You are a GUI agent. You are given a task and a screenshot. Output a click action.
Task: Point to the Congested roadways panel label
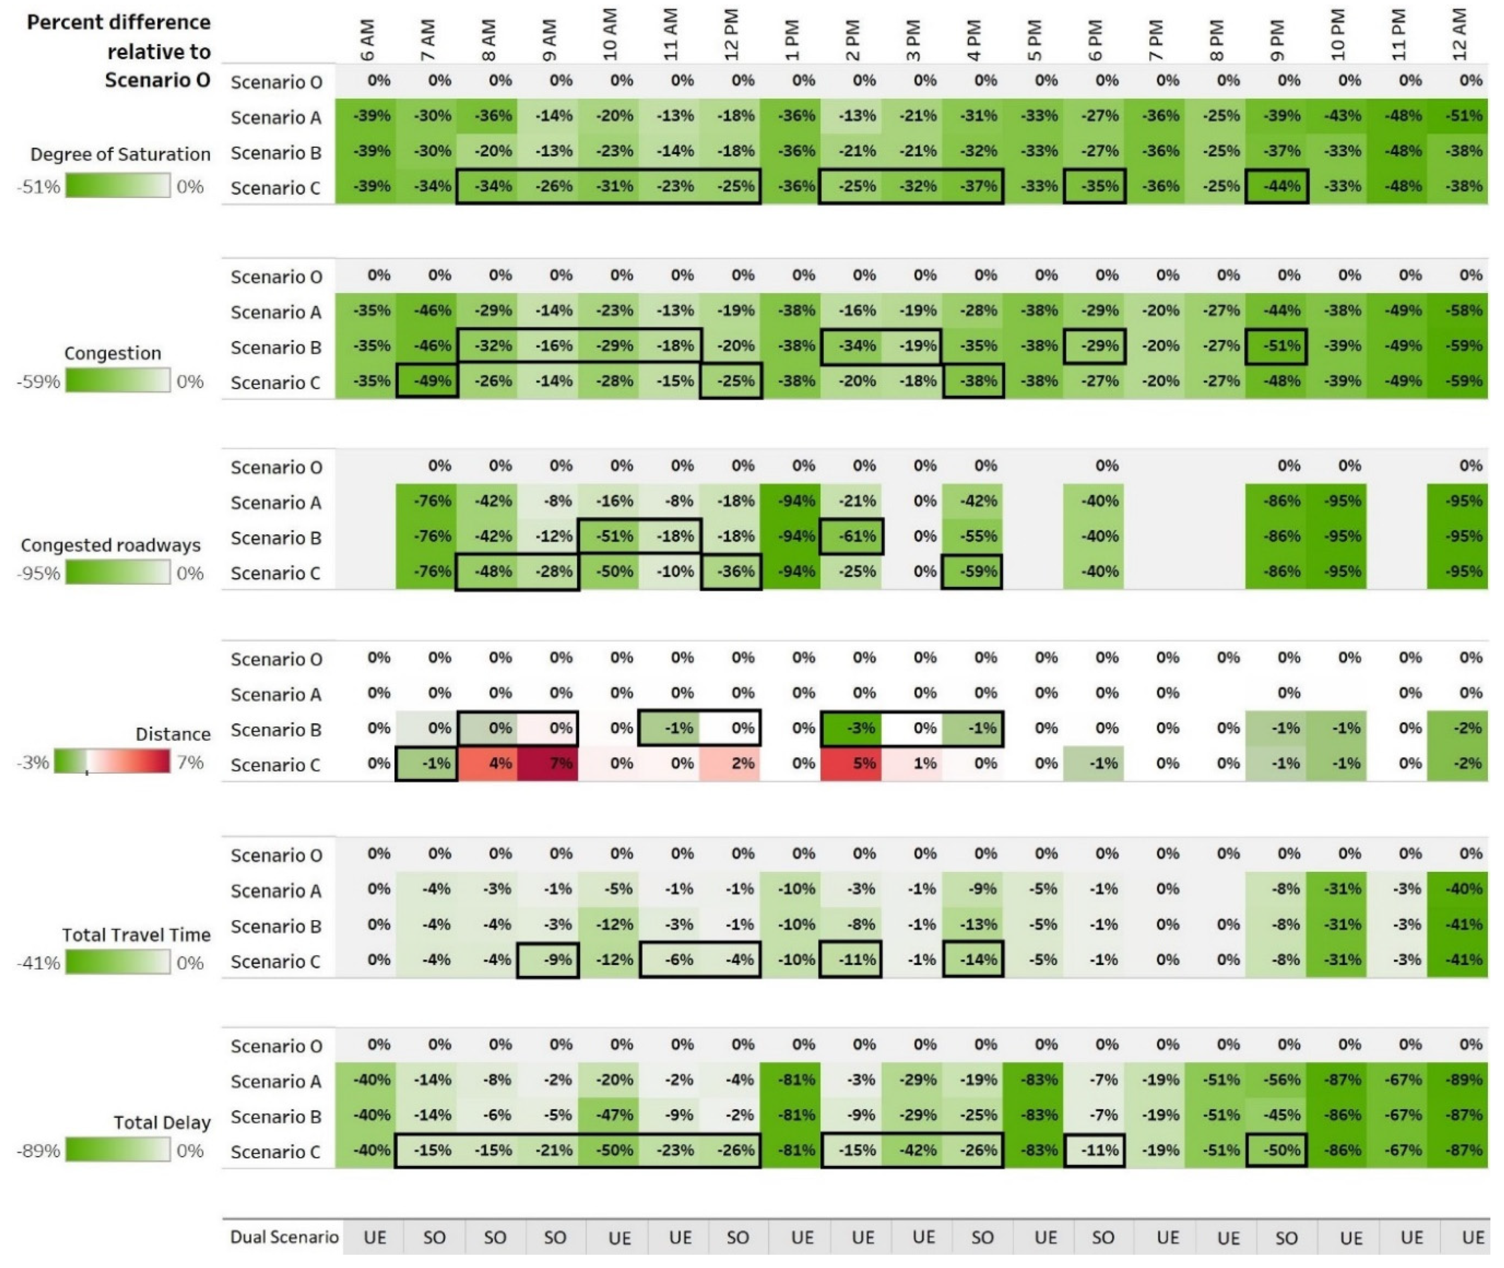111,545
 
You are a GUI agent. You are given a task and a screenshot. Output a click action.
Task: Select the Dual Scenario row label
284,1237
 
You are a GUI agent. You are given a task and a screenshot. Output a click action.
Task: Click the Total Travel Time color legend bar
118,963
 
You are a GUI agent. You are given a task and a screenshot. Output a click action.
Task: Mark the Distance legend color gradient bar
112,762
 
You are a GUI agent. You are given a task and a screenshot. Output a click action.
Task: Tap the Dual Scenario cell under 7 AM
434,1237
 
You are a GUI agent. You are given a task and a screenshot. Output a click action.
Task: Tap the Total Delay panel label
162,1123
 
